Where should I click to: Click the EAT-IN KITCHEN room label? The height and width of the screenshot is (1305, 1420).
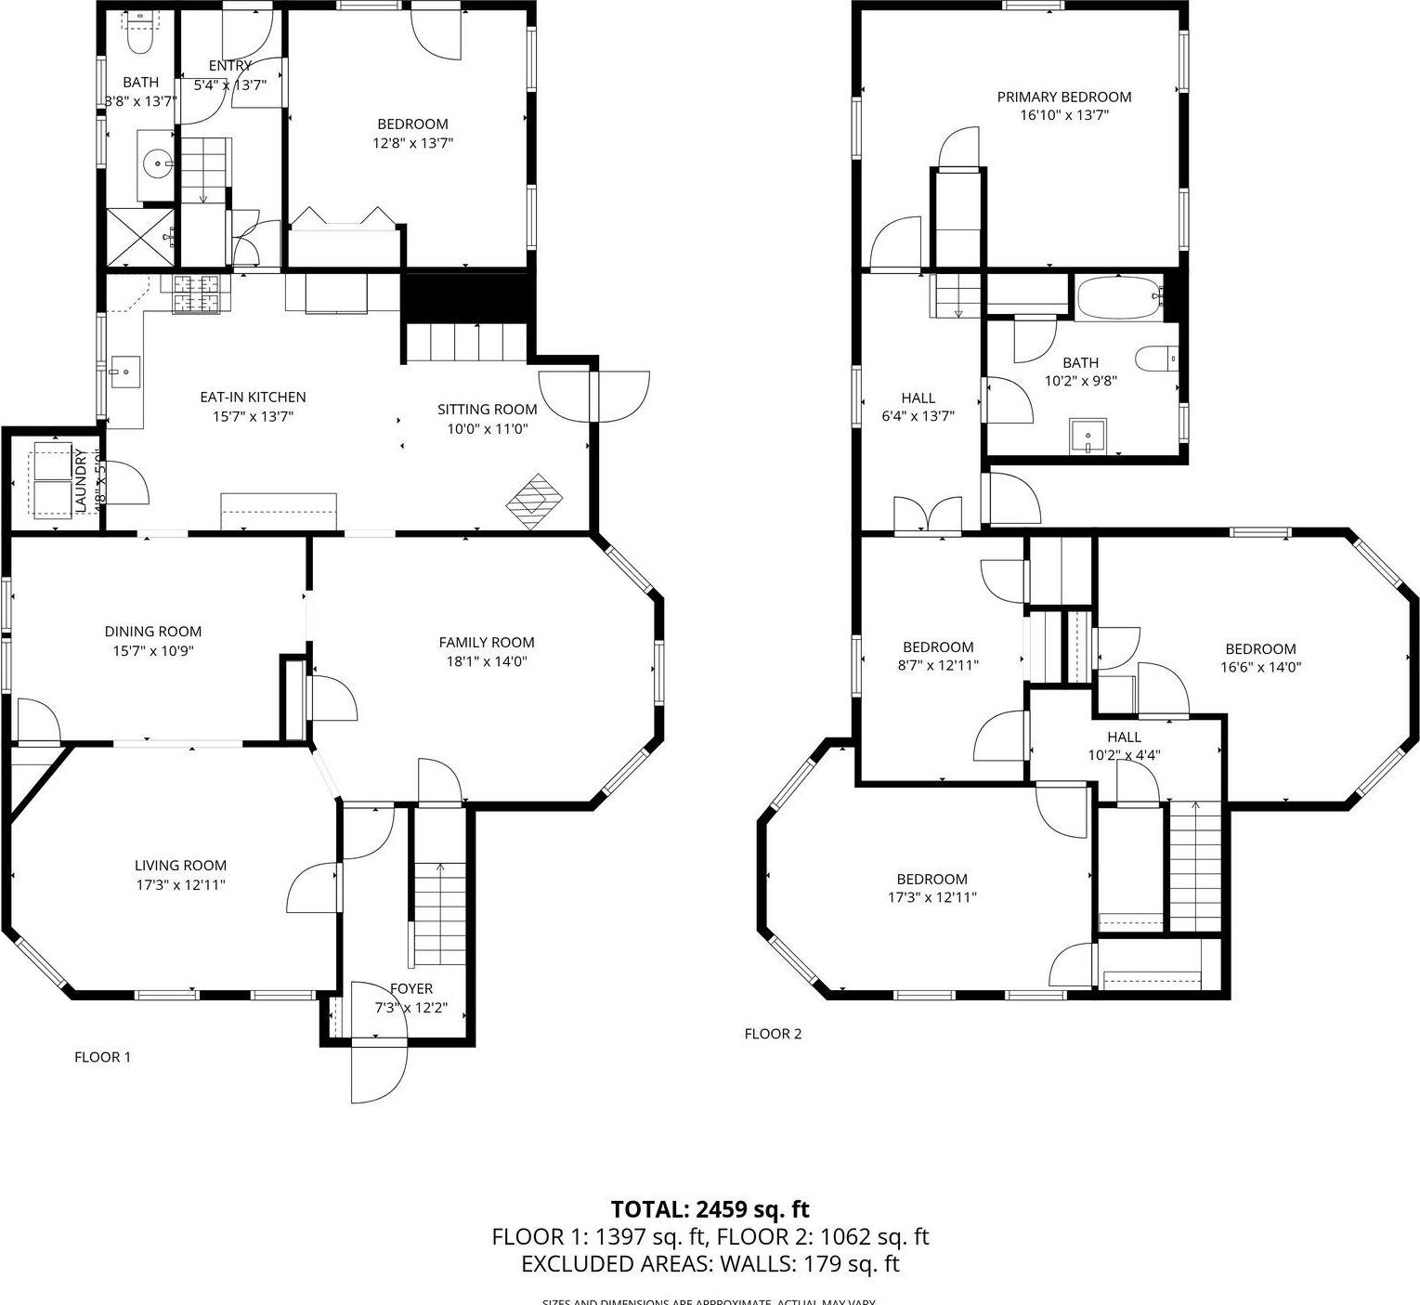coord(253,397)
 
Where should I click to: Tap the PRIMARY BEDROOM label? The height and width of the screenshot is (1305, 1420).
coord(1063,97)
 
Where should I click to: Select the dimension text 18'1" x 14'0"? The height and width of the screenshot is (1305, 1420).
coord(487,661)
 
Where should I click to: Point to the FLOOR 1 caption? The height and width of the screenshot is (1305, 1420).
coord(102,1057)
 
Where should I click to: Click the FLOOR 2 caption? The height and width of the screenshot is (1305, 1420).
coord(773,1034)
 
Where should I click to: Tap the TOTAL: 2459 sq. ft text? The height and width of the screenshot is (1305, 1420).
coord(710,1209)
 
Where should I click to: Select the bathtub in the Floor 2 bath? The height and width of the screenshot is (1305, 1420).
coord(1119,297)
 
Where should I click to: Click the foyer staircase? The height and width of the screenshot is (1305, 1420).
coord(438,915)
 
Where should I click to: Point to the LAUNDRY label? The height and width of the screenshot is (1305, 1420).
coord(80,479)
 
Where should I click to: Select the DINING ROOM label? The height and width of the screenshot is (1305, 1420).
coord(152,632)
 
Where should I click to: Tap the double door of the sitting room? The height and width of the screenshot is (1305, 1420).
coord(594,397)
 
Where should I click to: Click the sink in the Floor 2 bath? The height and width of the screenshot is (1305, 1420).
coord(1088,436)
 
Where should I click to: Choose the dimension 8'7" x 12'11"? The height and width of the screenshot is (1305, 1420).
coord(938,665)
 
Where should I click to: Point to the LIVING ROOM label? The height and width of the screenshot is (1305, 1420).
coord(180,866)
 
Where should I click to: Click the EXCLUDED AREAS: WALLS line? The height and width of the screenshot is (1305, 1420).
coord(710,1263)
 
